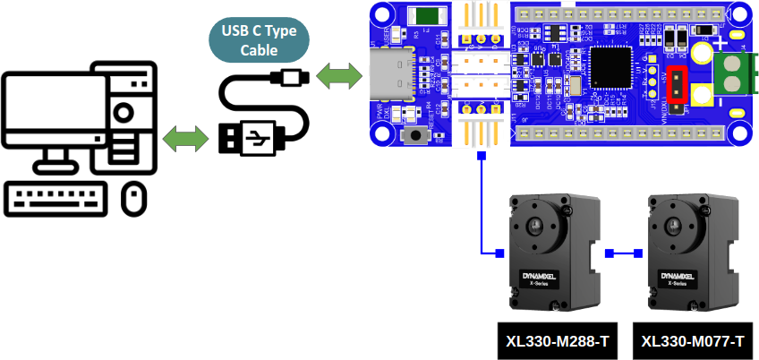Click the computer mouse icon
coord(133,198)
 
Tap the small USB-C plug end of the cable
coord(291,77)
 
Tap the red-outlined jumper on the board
coord(678,84)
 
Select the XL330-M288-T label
coord(557,341)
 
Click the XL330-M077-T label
coord(694,341)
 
